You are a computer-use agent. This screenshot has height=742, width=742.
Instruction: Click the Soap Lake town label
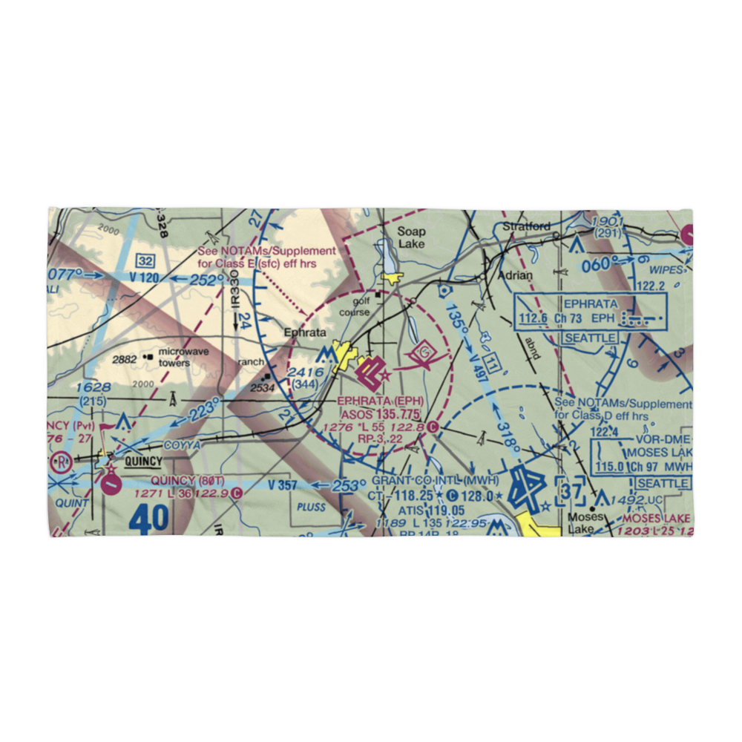410,237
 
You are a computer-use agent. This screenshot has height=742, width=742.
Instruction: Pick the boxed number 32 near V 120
145,260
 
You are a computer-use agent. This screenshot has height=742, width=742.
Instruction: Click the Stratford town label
526,226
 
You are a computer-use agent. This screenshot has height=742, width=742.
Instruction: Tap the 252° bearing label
206,280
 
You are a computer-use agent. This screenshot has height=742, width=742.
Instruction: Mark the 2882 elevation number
125,359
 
